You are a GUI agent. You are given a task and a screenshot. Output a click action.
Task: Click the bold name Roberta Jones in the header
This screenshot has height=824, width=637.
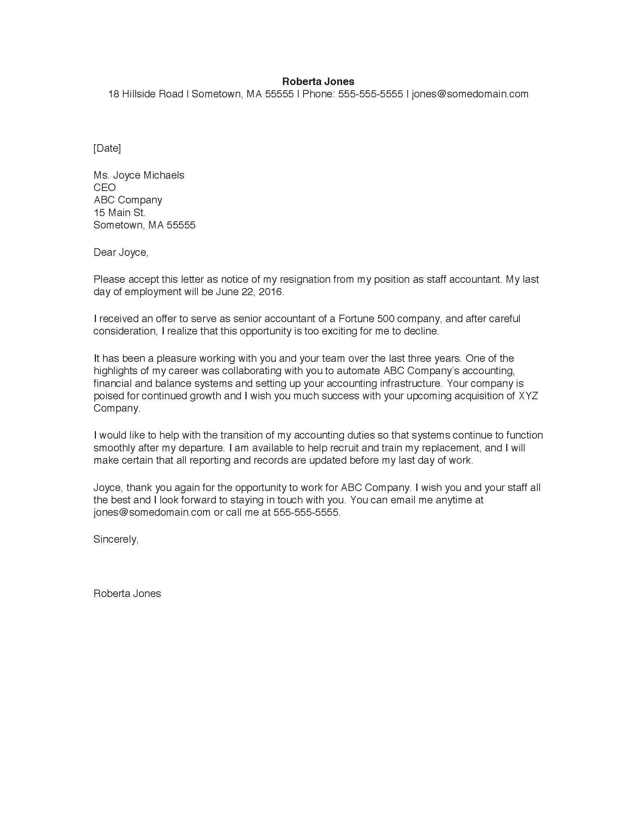coord(318,81)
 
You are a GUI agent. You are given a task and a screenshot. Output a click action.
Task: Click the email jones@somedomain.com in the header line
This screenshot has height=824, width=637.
coord(470,94)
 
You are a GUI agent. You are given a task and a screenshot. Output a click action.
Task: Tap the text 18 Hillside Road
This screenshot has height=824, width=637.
coord(146,94)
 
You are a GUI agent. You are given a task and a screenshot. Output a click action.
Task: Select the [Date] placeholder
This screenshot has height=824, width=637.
coord(107,148)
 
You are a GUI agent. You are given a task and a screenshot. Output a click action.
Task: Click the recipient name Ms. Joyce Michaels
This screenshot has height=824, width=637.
coord(139,175)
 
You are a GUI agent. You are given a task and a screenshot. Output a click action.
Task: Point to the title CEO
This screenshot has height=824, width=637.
coord(105,188)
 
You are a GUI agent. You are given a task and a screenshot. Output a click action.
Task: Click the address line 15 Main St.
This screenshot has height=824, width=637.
coord(119,212)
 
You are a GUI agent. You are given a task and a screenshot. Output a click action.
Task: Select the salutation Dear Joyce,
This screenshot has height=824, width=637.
coord(121,252)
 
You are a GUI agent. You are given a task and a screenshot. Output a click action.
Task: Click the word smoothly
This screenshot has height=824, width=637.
coord(115,448)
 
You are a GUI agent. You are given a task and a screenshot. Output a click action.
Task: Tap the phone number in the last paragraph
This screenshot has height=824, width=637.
coord(306,512)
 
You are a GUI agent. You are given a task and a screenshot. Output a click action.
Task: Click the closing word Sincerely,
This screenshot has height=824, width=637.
coord(116,539)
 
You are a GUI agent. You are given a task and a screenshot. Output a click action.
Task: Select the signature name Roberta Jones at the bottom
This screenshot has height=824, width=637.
coord(127,594)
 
